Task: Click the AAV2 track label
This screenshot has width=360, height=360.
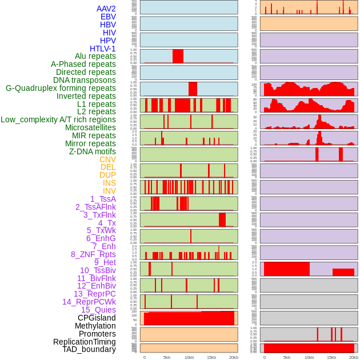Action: tap(106, 9)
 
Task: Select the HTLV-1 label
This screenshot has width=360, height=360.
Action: tap(102, 49)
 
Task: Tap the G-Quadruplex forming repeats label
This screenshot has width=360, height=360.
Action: tap(61, 88)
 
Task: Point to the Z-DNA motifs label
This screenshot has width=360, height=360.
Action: tap(92, 151)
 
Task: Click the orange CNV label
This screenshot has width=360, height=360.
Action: tap(107, 159)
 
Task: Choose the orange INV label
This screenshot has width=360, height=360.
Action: tap(109, 191)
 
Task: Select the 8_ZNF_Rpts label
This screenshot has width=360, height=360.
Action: tap(93, 254)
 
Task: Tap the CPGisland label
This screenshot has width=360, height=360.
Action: tap(97, 318)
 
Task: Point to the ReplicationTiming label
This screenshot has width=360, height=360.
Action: tap(84, 342)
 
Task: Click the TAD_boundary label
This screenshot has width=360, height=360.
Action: tap(89, 349)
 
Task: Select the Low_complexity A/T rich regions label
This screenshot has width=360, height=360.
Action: tap(58, 119)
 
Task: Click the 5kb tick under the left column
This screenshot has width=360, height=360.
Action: tap(167, 357)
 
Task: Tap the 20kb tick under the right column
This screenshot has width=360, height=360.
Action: tap(354, 357)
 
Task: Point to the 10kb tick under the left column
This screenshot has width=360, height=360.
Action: tap(189, 357)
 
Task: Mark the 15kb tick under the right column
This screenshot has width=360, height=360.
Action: tap(331, 357)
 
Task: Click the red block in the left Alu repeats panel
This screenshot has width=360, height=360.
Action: tap(178, 56)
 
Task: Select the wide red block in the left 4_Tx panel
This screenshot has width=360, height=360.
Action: tap(222, 219)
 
